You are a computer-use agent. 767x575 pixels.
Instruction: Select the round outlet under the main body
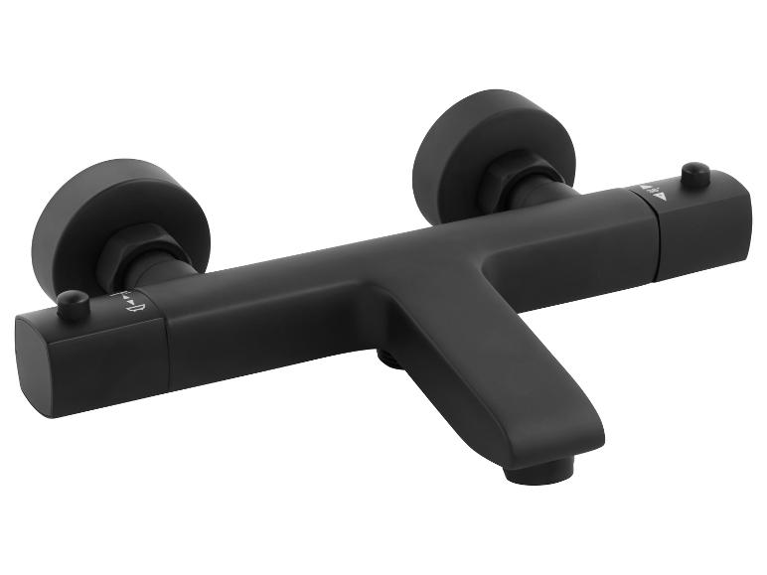(x=390, y=358)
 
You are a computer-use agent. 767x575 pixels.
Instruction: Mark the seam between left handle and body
(x=166, y=338)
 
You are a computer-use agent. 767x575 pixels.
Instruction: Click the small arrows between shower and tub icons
(x=126, y=297)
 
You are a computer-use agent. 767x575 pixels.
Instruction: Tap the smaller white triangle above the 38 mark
(x=647, y=186)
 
